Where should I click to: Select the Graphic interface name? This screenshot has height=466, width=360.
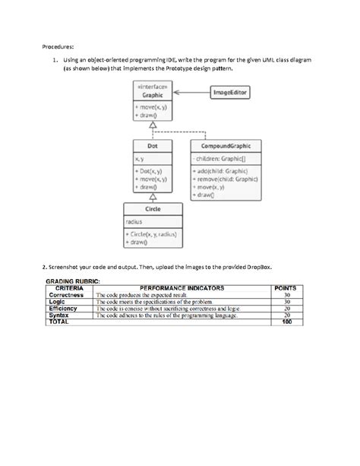(x=152, y=95)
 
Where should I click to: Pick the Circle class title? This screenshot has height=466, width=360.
(x=152, y=208)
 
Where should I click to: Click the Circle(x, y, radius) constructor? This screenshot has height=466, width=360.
(x=152, y=235)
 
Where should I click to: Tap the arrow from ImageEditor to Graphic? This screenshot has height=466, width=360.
(x=191, y=92)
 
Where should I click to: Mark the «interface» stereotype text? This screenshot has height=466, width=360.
(x=152, y=87)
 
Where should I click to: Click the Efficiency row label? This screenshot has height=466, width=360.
(x=63, y=309)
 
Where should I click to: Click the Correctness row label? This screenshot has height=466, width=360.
(x=66, y=295)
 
